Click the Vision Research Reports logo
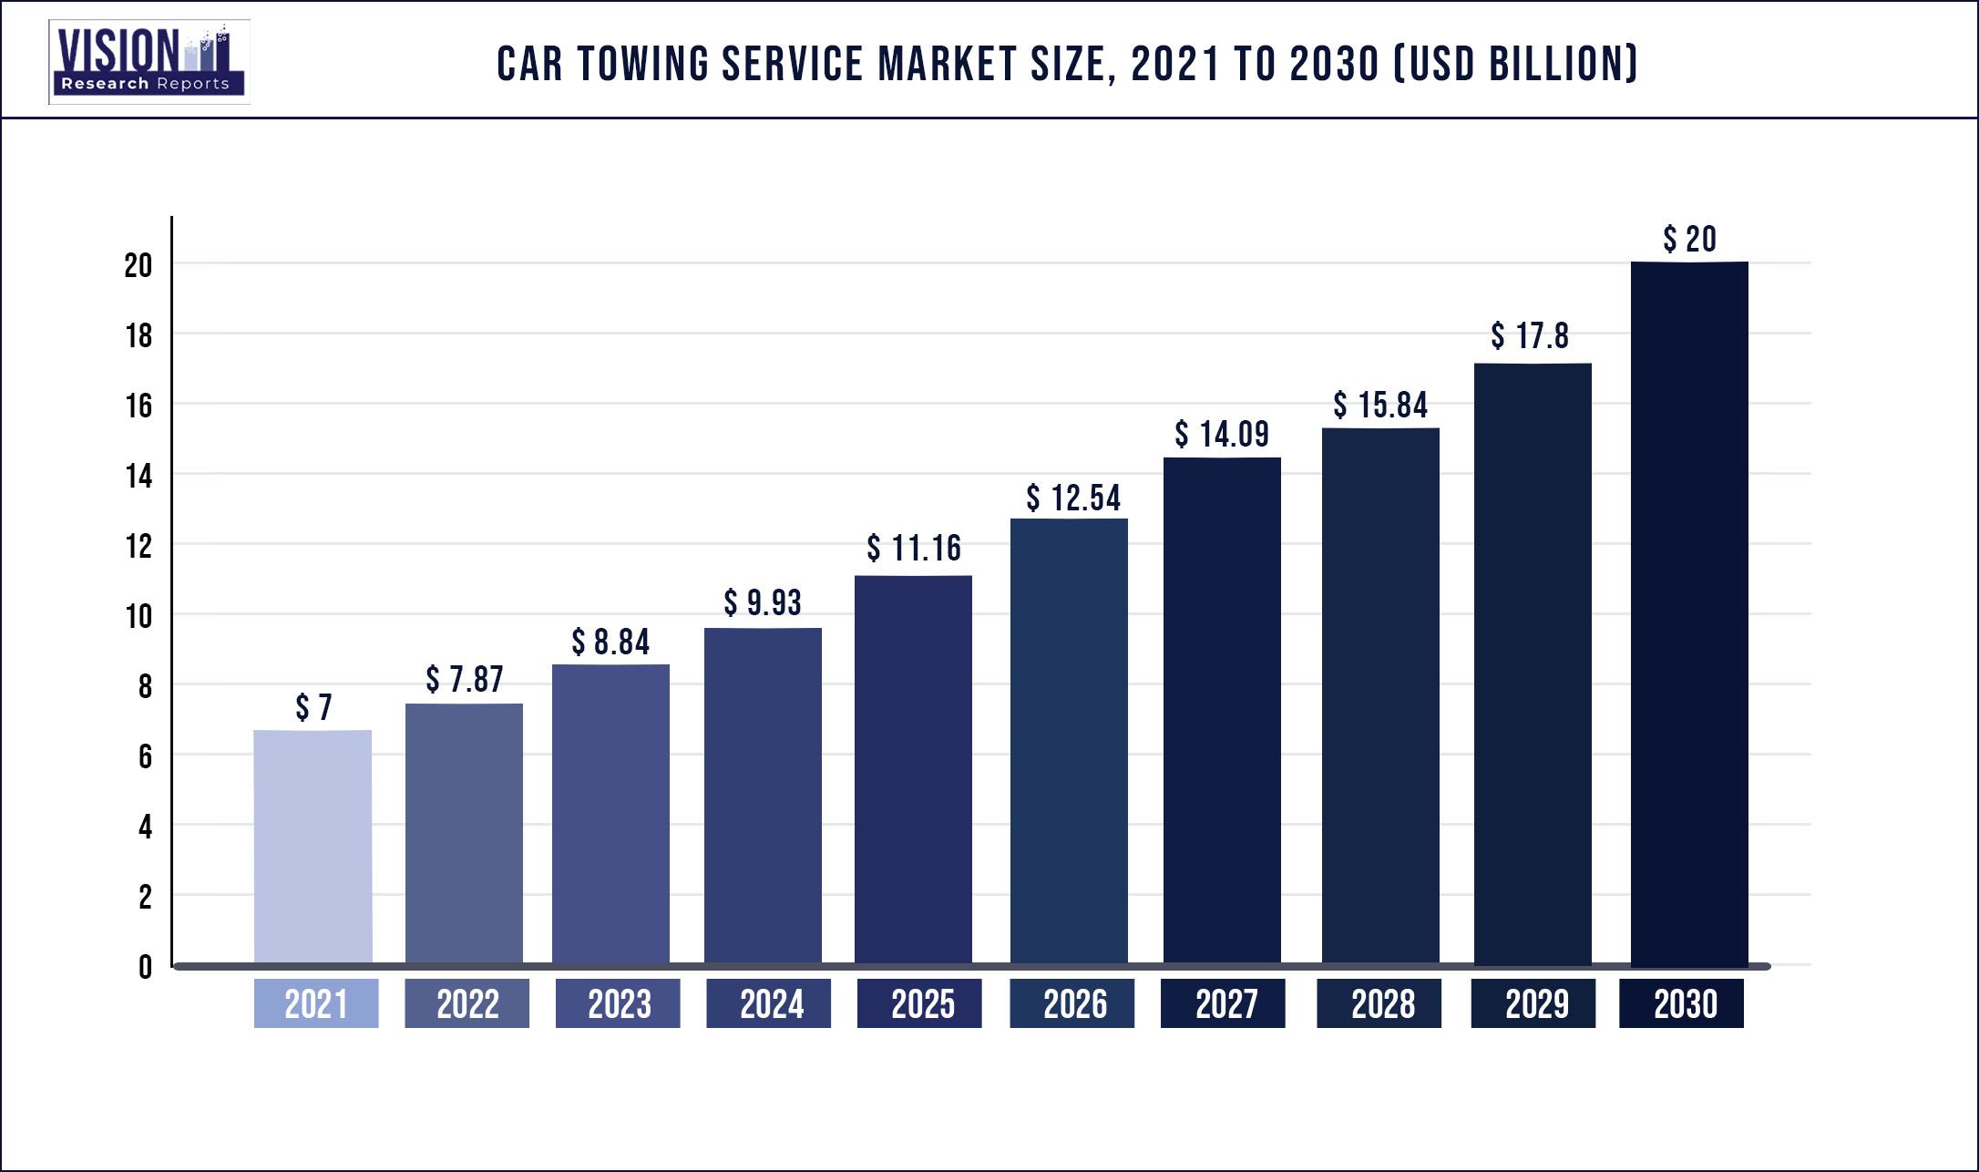(x=149, y=62)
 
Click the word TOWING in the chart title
(x=643, y=65)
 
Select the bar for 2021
(x=313, y=847)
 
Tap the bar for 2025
(x=913, y=770)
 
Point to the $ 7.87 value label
(x=465, y=680)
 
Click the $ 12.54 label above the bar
(x=1073, y=499)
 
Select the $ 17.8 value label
(x=1530, y=336)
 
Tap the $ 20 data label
(x=1689, y=240)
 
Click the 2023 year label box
(x=618, y=1004)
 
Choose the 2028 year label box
(x=1379, y=1004)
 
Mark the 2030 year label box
(x=1682, y=1004)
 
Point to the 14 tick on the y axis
(x=138, y=476)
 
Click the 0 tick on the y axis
(x=145, y=967)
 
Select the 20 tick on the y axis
(x=138, y=265)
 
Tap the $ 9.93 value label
(x=763, y=603)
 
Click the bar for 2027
(x=1222, y=711)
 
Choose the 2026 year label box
(x=1072, y=1004)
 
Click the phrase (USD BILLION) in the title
(x=1516, y=65)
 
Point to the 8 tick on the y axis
(x=145, y=686)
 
